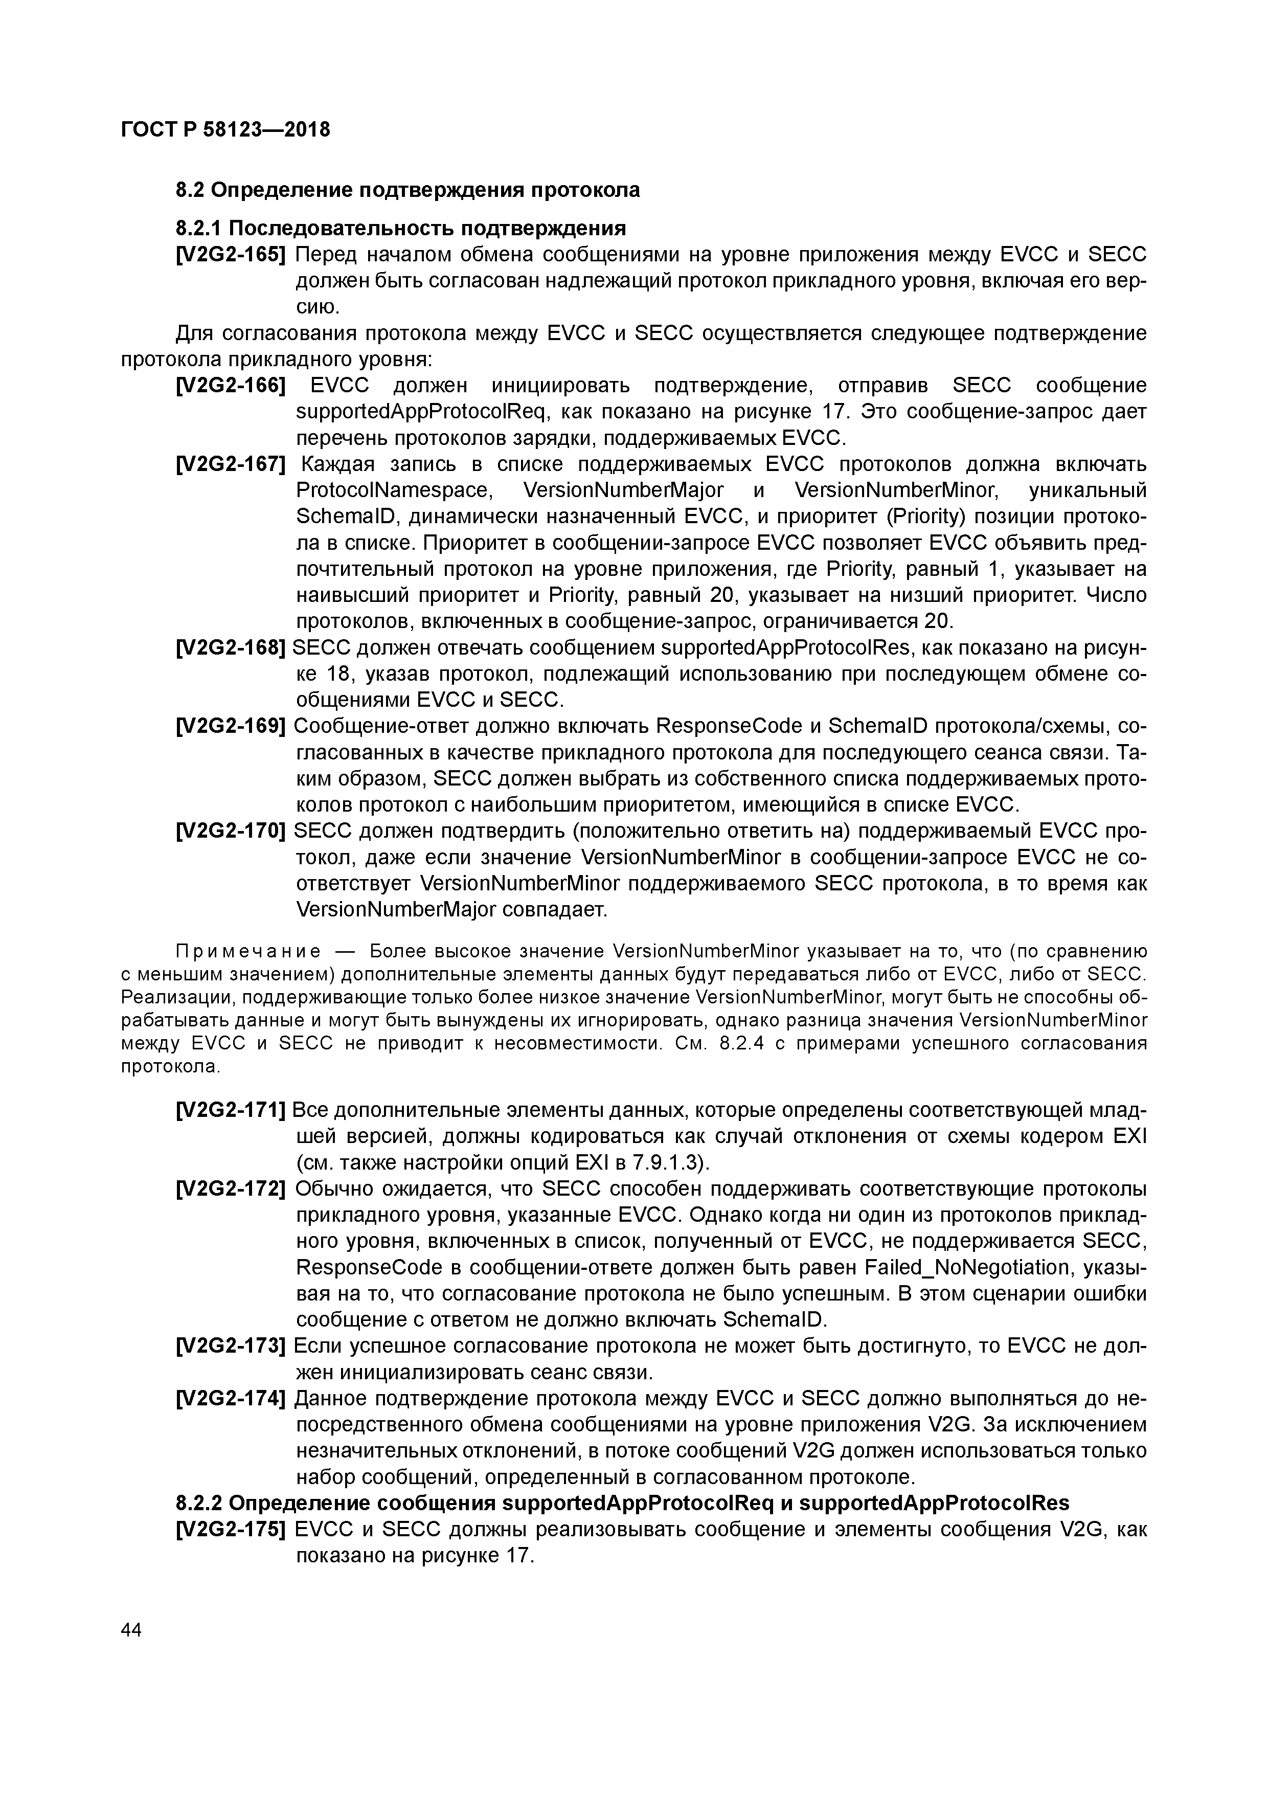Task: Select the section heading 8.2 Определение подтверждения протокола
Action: coord(407,190)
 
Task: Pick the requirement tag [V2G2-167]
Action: coord(231,464)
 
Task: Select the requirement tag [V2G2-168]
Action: coord(231,648)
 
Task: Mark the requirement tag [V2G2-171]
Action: coord(231,1110)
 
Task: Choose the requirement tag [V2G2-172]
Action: coord(231,1188)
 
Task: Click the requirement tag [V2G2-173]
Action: coord(231,1345)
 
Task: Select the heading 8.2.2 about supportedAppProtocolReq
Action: coord(622,1504)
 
